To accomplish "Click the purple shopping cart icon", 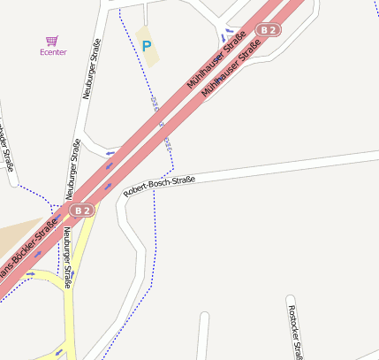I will [x=52, y=41].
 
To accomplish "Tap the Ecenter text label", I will [x=53, y=52].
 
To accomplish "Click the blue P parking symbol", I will [x=147, y=45].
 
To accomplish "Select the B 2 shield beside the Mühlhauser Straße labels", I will [x=268, y=30].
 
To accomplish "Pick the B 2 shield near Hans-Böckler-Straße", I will [x=82, y=211].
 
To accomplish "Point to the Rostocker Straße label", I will [x=294, y=332].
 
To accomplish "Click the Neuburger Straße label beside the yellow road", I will [x=67, y=257].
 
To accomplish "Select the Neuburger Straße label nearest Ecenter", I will [x=90, y=69].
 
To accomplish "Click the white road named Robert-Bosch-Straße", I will [x=265, y=168].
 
